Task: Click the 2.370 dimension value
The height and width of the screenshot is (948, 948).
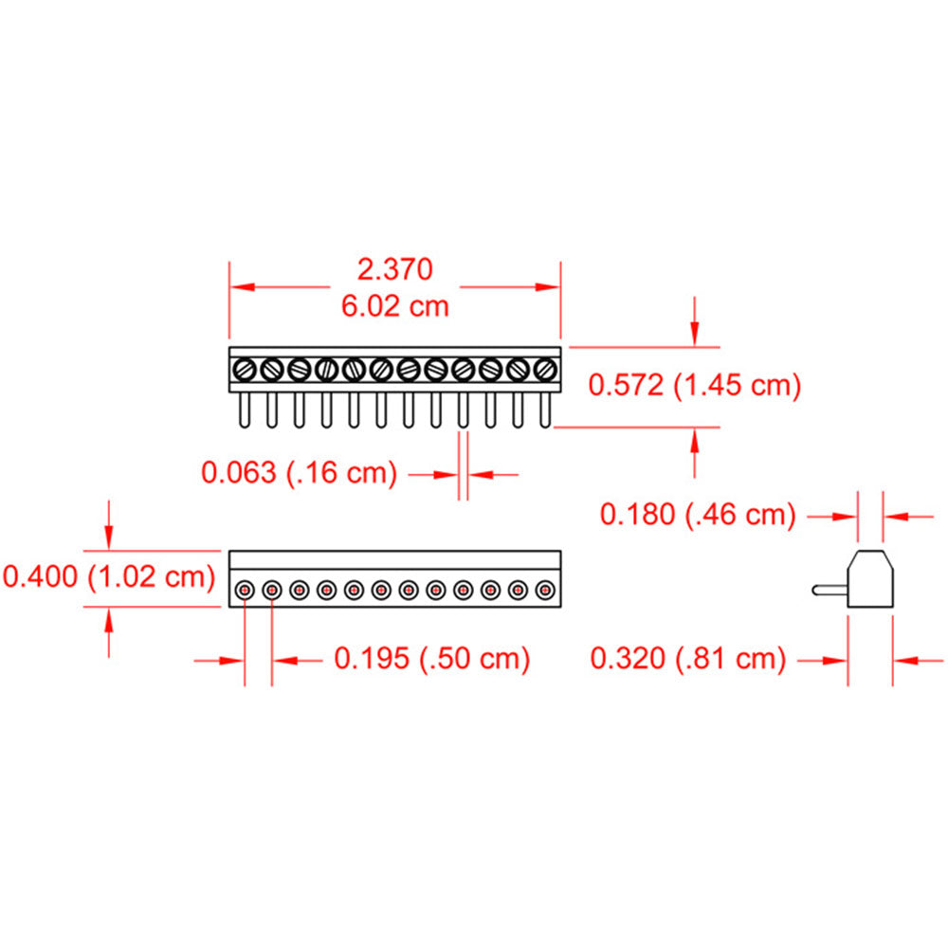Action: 394,269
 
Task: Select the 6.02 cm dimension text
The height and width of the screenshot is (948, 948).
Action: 394,306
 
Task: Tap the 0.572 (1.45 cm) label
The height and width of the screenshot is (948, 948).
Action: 695,385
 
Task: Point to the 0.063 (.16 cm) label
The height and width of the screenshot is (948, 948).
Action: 299,472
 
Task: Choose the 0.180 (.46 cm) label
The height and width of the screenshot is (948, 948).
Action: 698,515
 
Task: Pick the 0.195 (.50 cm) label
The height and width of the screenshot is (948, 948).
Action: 431,658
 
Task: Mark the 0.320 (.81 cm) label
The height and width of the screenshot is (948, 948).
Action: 688,658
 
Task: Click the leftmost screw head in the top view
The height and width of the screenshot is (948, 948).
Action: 245,368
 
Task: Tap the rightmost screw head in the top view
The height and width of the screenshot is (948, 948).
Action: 545,368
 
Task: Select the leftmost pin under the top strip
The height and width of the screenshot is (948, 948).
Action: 245,410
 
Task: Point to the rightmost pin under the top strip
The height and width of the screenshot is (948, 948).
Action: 545,410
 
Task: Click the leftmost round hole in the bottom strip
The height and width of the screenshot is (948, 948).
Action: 245,591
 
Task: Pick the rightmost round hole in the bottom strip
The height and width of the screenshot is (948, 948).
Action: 545,591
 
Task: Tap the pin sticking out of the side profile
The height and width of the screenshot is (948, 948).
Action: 829,590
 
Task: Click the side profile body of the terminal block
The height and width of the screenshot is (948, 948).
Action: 870,579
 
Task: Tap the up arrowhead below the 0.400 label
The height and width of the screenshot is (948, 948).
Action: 110,619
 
